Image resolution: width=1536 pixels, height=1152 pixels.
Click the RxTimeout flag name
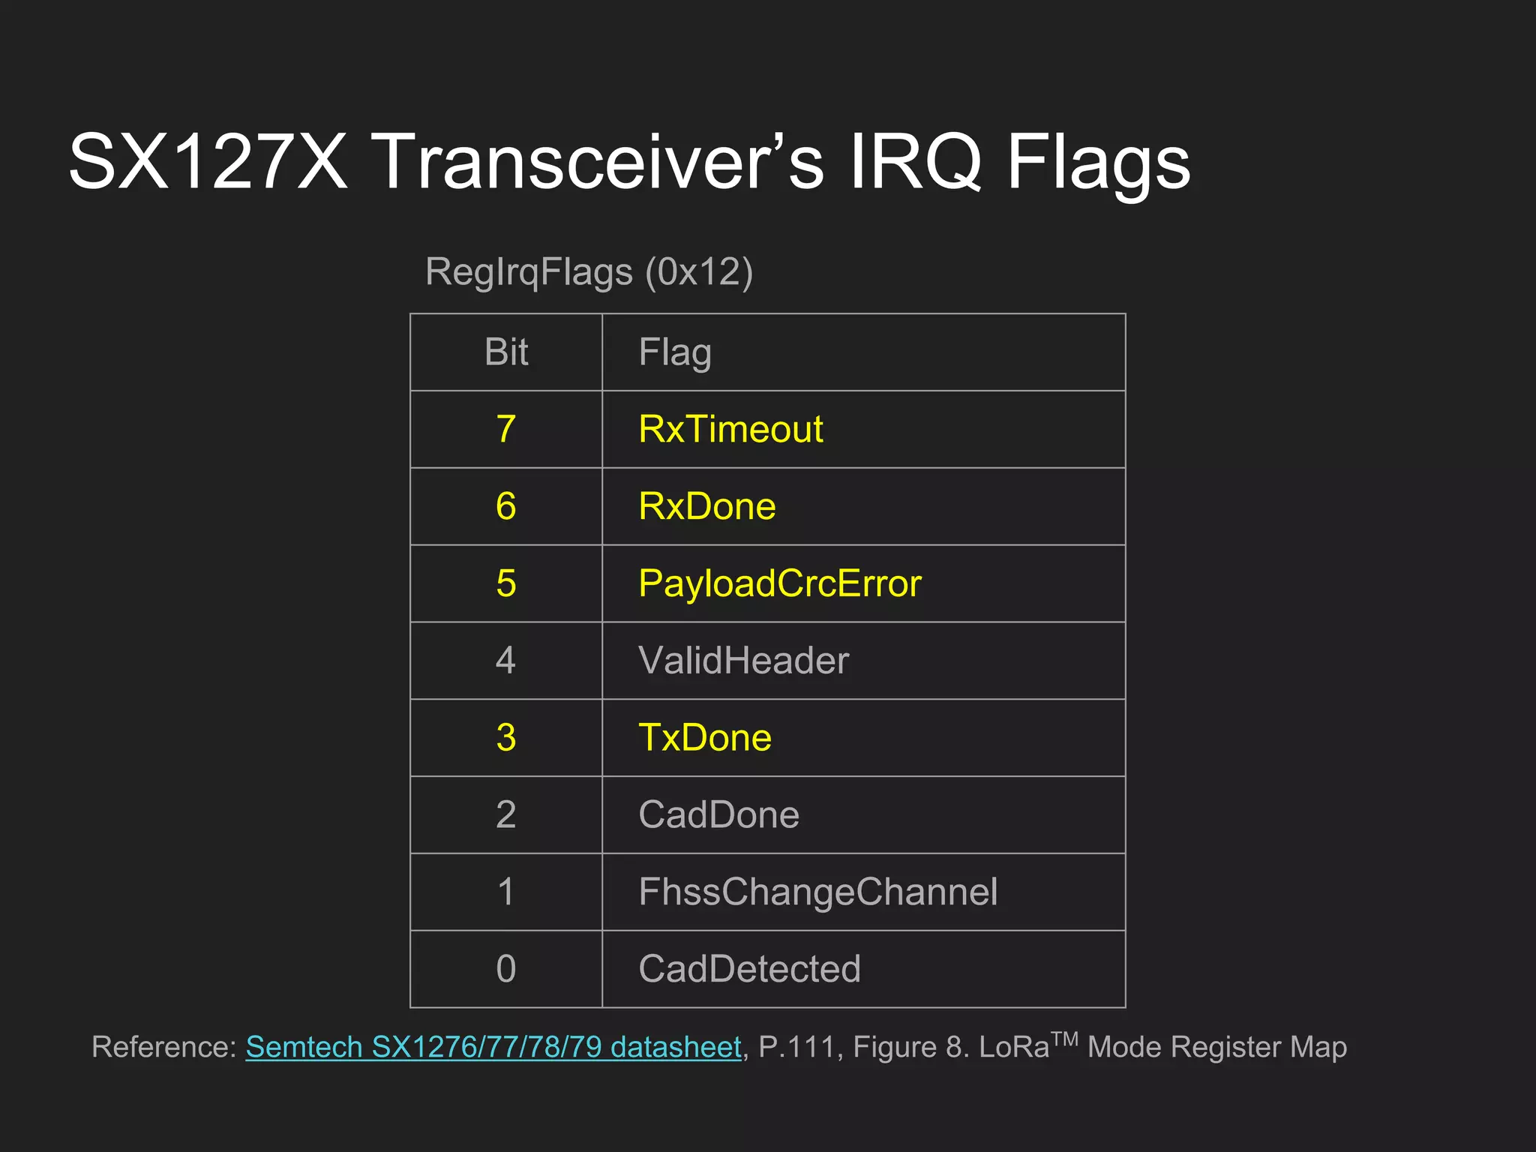pos(730,430)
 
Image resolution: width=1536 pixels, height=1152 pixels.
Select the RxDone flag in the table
pos(706,506)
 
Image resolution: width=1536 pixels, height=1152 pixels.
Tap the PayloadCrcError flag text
pos(779,583)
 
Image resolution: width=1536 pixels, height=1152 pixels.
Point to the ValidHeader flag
pos(743,661)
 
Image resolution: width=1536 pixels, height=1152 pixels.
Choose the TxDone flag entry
pos(704,737)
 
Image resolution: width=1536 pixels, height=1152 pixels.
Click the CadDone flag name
pos(718,814)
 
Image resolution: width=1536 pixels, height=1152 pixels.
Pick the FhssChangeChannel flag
pos(817,892)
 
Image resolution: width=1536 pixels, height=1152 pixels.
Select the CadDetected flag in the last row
pos(749,969)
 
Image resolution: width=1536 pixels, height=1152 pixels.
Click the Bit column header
pos(506,352)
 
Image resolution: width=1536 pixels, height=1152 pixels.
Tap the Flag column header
pos(675,352)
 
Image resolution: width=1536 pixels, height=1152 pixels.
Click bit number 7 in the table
pos(506,430)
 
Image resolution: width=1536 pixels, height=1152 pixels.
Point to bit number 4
pos(506,661)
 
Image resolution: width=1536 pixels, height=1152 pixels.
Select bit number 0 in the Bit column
pos(506,969)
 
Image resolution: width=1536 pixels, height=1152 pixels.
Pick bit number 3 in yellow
pos(506,737)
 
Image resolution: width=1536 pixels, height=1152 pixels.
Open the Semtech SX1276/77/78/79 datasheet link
pos(493,1047)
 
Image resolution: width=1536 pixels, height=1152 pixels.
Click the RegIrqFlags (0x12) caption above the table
pos(589,271)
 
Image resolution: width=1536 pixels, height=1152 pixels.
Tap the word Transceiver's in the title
pos(601,162)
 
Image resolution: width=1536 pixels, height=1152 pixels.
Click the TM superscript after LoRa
pos(1064,1039)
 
